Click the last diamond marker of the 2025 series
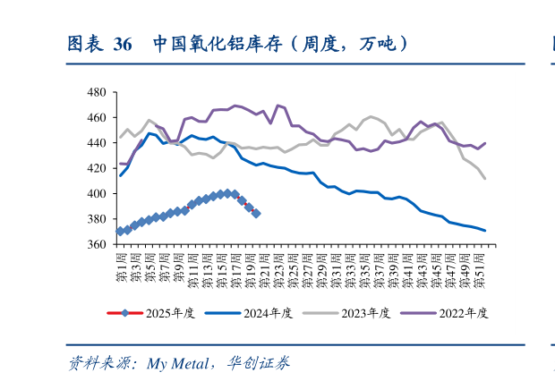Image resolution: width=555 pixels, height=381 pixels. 256,214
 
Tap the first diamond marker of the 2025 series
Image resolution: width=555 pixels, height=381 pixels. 121,232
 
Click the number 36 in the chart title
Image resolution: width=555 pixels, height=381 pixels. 123,44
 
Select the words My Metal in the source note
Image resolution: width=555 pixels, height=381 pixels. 176,363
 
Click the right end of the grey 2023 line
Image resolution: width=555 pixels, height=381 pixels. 485,179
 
